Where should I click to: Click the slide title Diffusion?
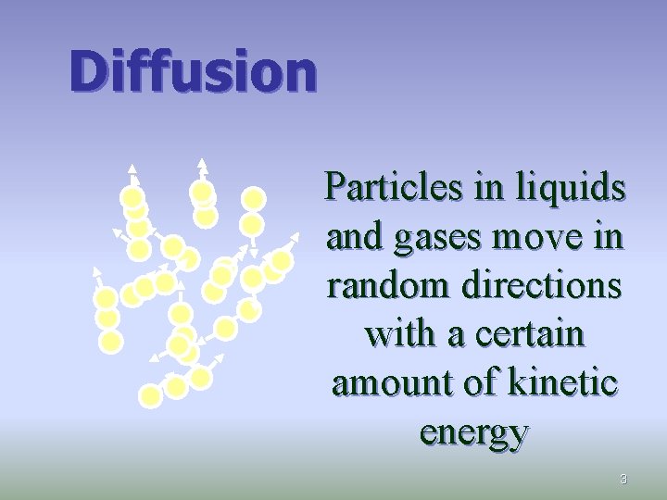pos(193,71)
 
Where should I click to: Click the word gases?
pos(435,239)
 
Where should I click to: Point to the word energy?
pos(473,431)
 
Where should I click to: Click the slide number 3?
pos(623,479)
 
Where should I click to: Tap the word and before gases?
pos(348,239)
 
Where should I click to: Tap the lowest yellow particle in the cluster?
pos(150,396)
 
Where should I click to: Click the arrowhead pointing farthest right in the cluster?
pos(298,235)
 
